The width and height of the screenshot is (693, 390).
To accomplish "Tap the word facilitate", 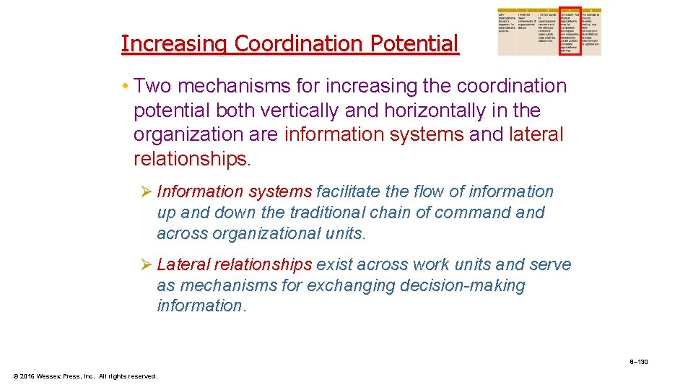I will tap(349, 192).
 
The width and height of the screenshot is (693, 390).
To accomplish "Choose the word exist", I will tap(336, 265).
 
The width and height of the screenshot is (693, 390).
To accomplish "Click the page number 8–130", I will tap(638, 361).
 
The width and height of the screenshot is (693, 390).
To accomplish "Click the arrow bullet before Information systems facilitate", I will tap(145, 192).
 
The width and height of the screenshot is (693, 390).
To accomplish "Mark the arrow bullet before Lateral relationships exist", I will tap(145, 265).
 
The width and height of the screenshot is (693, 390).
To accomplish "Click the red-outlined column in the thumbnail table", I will tap(570, 32).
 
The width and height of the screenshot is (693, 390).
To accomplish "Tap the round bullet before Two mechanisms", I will tap(126, 87).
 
